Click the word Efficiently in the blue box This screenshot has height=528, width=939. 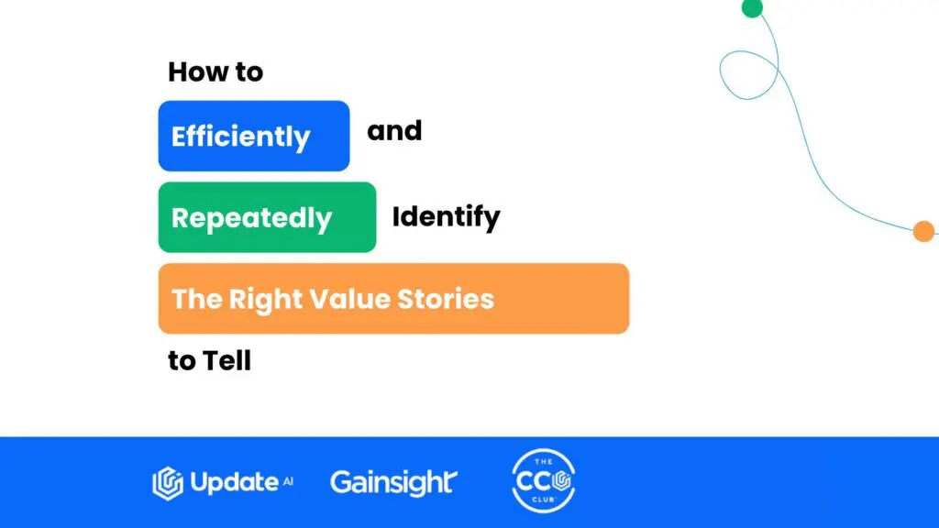241,137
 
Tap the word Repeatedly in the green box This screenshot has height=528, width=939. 251,218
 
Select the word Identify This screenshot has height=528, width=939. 447,217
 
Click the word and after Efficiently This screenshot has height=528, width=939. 394,131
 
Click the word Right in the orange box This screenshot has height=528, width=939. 265,299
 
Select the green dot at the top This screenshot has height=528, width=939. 752,7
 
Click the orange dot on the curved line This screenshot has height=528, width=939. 923,232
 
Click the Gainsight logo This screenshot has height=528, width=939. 393,481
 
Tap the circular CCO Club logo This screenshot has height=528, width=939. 543,481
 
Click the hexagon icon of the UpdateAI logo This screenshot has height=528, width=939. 167,483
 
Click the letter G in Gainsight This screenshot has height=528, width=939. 341,482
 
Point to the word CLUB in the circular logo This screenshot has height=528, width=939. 543,502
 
